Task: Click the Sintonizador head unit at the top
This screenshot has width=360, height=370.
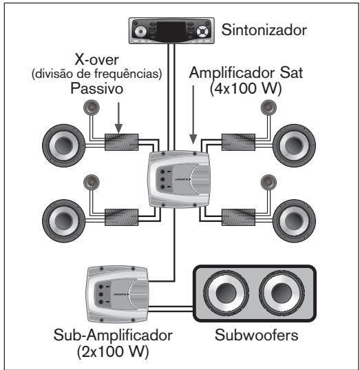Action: [173, 30]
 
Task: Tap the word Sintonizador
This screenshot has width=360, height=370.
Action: [264, 30]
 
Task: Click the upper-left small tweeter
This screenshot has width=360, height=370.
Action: [93, 107]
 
